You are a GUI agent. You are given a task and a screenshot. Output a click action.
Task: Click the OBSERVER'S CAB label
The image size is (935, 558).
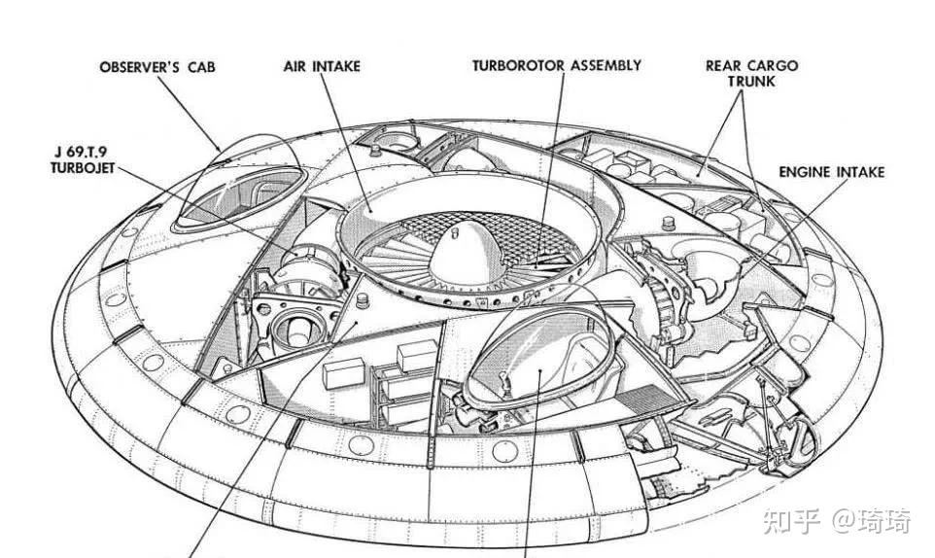tap(157, 67)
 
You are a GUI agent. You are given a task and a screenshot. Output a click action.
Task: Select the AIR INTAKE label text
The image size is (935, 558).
tap(322, 66)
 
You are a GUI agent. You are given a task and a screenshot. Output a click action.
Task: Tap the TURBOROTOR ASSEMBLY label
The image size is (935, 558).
tap(557, 66)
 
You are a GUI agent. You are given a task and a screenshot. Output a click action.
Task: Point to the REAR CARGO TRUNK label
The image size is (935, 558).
tap(752, 74)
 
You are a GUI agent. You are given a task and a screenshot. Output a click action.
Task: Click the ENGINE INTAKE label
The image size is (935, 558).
tap(832, 172)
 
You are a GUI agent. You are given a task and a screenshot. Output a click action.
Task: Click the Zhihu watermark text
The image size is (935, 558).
tap(838, 522)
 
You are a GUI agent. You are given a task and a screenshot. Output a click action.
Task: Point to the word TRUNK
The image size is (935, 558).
tap(752, 82)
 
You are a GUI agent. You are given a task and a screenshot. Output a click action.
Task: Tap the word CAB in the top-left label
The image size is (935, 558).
tap(201, 67)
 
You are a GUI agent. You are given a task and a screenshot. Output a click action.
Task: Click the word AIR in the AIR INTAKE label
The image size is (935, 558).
tap(294, 66)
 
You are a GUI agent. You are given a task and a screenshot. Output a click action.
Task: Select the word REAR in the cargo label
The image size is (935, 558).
tap(724, 66)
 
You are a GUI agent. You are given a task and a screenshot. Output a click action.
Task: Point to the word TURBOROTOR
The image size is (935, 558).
tap(517, 66)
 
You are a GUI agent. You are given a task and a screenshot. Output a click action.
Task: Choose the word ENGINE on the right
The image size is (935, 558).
tap(805, 172)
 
